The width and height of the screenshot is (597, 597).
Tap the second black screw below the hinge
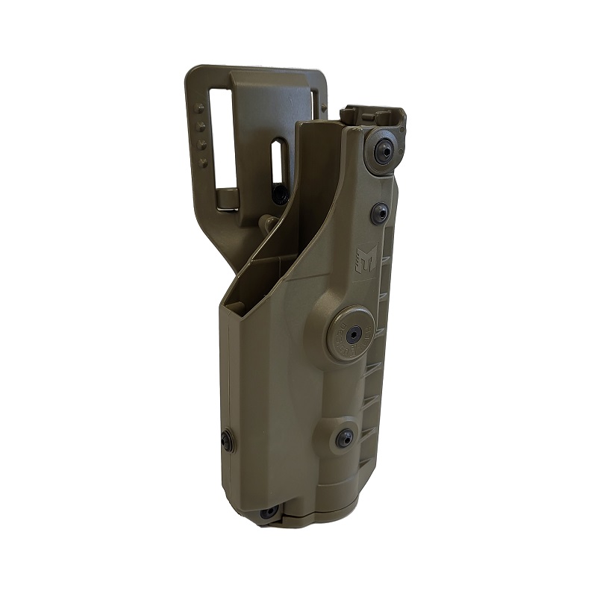click(x=380, y=213)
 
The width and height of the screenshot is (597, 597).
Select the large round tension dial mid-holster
click(x=350, y=334)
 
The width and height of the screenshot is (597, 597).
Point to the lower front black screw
click(x=345, y=437)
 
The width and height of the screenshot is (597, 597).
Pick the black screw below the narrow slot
click(x=281, y=195)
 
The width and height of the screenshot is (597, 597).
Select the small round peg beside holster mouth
click(x=266, y=223)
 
